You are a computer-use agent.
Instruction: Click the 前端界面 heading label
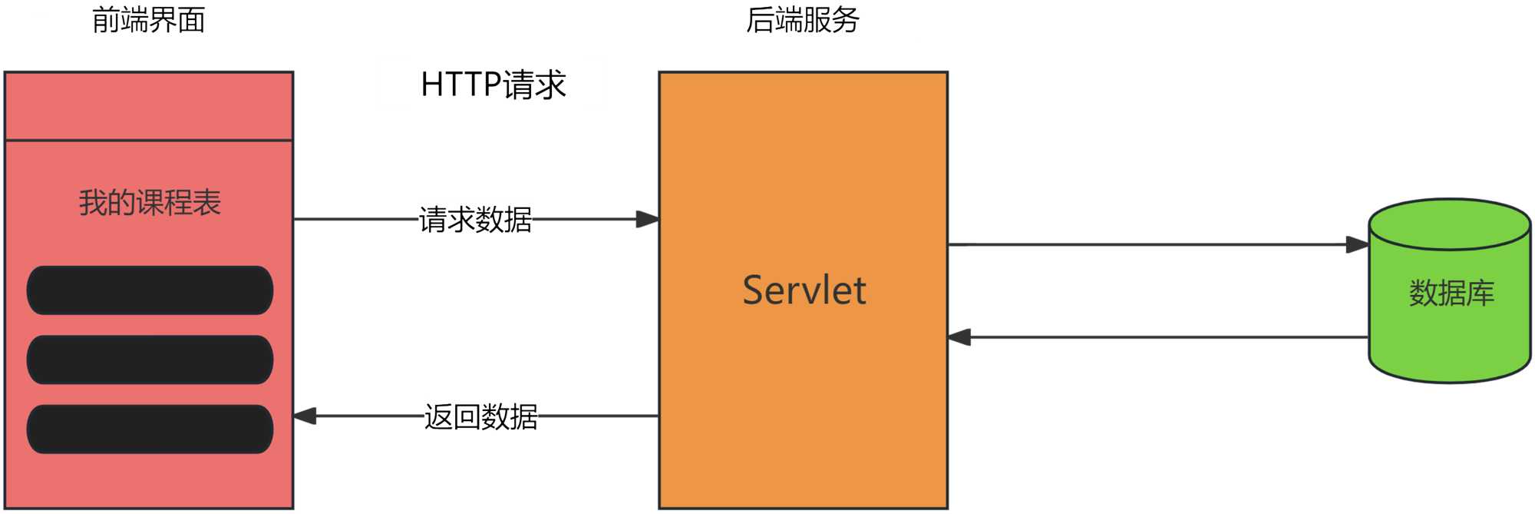click(148, 20)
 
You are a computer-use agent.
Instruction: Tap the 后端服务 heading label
click(802, 20)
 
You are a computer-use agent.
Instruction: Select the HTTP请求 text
click(493, 85)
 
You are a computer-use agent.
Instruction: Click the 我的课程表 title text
click(150, 203)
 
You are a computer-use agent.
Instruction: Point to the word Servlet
click(804, 290)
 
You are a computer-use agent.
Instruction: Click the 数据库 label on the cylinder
click(1451, 293)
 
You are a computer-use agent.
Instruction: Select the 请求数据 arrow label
click(475, 220)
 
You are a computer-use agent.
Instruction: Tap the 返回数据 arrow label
click(480, 416)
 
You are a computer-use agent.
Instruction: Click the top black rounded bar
click(150, 290)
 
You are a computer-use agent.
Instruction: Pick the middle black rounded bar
click(150, 360)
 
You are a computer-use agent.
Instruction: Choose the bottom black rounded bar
click(150, 429)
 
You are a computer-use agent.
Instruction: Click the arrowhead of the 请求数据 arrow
click(648, 220)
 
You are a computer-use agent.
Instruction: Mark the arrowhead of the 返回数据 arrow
click(305, 416)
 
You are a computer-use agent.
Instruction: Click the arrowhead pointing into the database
click(1358, 245)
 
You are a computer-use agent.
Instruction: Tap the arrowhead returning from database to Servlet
click(959, 337)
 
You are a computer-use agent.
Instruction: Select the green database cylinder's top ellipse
click(1450, 224)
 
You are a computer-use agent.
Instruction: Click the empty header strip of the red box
click(149, 106)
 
